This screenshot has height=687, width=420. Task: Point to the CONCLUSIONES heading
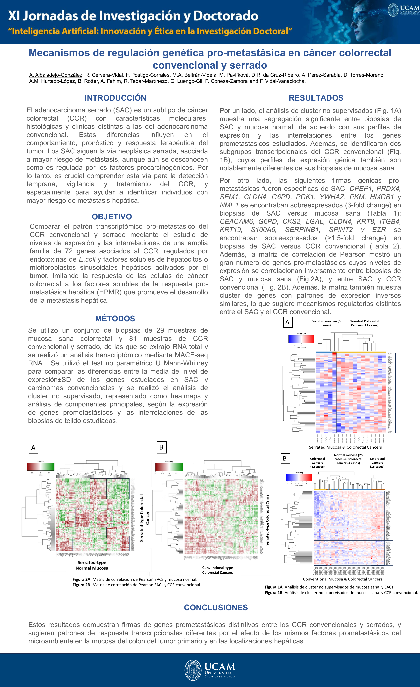216,608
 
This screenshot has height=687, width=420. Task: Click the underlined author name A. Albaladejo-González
56,75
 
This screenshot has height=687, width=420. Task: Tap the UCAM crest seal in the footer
193,670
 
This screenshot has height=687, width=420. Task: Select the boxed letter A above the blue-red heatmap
287,322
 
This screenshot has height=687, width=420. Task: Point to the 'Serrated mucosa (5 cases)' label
326,323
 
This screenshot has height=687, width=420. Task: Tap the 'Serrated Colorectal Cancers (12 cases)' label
365,323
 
